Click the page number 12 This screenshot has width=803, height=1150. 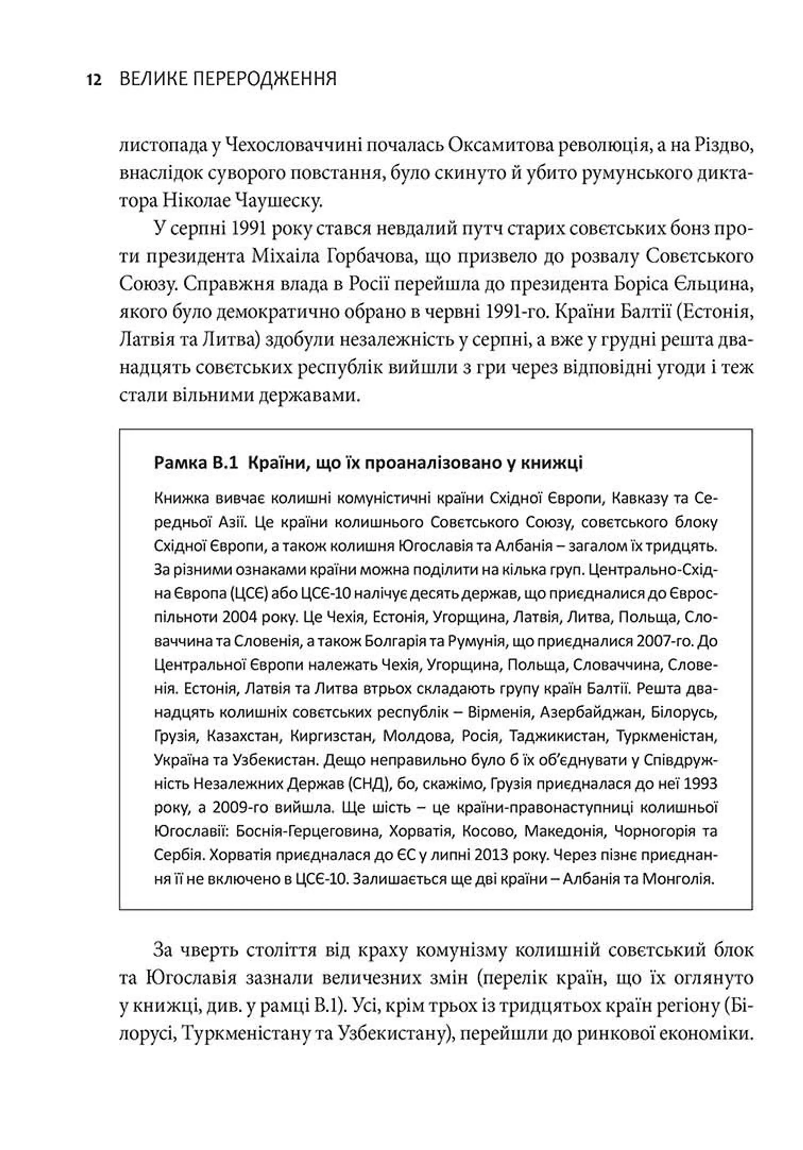(x=94, y=79)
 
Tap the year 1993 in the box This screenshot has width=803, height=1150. (x=699, y=783)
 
